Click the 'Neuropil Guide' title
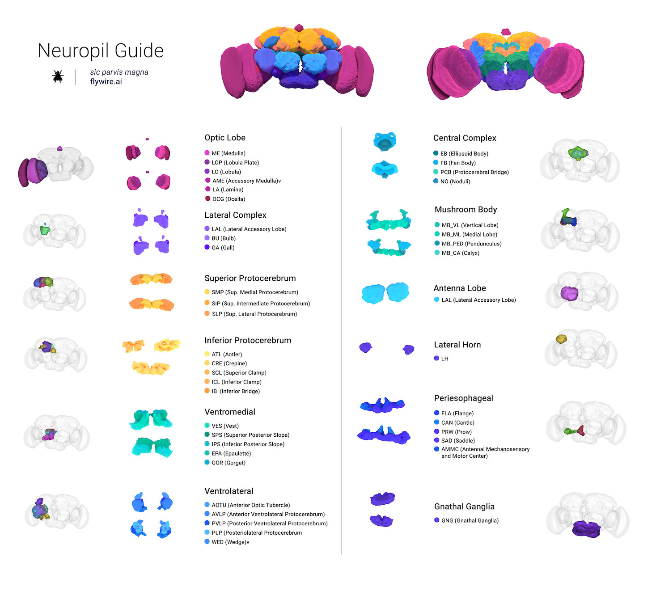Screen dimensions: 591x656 (101, 51)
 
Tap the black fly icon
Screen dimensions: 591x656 (58, 76)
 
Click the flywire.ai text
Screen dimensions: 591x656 (106, 82)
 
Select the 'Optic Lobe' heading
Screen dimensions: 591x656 (225, 138)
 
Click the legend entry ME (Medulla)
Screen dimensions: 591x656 (228, 153)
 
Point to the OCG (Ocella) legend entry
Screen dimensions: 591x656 (228, 199)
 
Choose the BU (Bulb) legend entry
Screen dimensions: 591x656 (223, 238)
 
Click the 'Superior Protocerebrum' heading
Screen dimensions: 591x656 (250, 278)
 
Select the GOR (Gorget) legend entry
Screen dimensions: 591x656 (228, 463)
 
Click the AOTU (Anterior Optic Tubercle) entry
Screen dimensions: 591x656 (250, 505)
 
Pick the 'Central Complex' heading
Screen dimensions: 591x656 (465, 138)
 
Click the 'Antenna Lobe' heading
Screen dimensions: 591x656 (460, 288)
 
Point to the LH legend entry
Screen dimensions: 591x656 (444, 359)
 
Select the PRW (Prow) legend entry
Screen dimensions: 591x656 (456, 432)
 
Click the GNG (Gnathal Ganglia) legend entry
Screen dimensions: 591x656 (470, 520)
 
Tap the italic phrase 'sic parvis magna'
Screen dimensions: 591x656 (119, 72)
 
